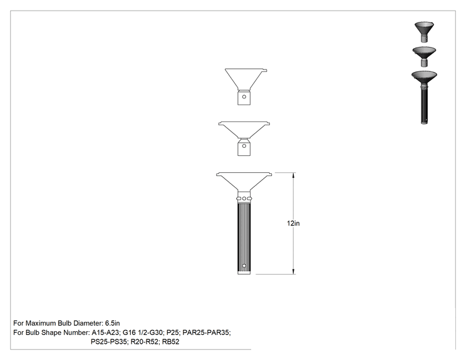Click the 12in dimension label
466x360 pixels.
point(293,224)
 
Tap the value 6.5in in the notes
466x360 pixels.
point(112,323)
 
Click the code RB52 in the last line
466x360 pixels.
point(170,342)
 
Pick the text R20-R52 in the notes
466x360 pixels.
point(145,342)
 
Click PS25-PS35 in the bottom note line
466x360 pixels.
point(109,342)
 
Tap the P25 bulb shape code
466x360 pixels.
point(173,332)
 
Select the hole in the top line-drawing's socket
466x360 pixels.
point(244,96)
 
